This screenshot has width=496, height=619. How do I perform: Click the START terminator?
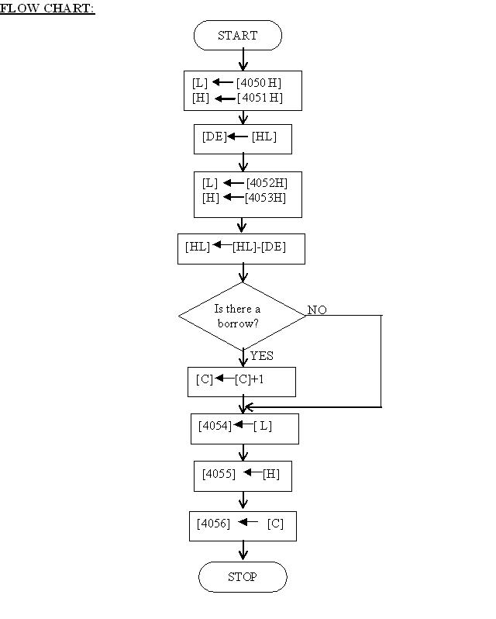point(237,36)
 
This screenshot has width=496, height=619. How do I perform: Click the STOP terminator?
point(243,577)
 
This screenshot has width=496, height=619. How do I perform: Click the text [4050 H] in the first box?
point(259,81)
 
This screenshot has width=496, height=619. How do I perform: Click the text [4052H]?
point(267,183)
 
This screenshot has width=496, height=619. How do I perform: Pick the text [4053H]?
point(266,198)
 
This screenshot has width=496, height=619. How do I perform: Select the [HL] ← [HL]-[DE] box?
point(241,247)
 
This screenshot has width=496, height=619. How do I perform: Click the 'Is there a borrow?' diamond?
point(243,316)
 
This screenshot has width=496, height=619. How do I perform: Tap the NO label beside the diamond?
point(317,310)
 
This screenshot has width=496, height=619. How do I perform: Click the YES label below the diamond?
point(261,356)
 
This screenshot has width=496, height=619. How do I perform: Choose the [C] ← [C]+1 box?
point(241,380)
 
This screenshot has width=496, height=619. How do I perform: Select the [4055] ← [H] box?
point(243,475)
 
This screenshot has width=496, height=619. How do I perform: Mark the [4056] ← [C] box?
point(243,524)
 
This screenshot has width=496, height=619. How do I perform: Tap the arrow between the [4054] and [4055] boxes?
point(243,452)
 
